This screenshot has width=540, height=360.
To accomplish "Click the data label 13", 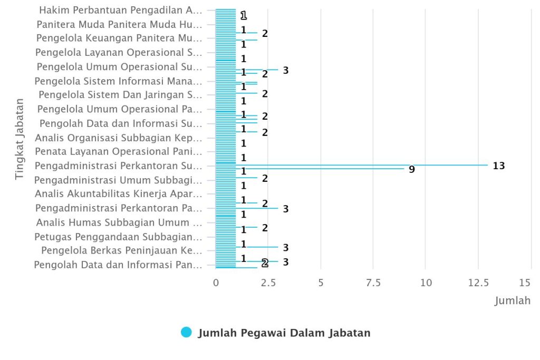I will (x=499, y=166).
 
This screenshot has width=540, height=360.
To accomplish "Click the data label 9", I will (x=412, y=170).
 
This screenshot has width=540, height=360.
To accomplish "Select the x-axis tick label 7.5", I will (x=373, y=283).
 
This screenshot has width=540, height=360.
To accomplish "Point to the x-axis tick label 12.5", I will (x=478, y=283).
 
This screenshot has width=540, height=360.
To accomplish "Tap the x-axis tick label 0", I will (x=216, y=283).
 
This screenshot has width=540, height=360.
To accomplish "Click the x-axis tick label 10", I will (x=426, y=283).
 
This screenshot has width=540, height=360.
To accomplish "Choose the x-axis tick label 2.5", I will (x=268, y=283).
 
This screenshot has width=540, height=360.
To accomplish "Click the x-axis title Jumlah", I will (x=512, y=301).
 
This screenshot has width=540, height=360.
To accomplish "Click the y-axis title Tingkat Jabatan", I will (x=20, y=138).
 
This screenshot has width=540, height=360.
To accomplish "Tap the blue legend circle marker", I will (x=186, y=333).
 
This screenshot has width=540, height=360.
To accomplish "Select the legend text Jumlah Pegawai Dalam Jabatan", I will (x=284, y=333).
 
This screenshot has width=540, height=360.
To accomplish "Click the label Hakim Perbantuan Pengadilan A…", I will (x=121, y=10).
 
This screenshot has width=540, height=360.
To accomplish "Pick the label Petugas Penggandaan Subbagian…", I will (x=118, y=236).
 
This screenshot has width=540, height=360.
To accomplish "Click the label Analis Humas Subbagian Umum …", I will (x=119, y=222).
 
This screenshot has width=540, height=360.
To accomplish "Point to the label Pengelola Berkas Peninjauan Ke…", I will (x=122, y=250).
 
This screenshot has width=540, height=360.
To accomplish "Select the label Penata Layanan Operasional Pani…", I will (x=118, y=152).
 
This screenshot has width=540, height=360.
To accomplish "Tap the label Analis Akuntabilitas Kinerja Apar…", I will (x=119, y=193).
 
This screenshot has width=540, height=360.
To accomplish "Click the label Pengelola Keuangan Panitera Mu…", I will (x=119, y=38).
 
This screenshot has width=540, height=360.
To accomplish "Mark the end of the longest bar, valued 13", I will (x=488, y=166).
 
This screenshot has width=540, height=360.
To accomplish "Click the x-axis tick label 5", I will (x=321, y=283).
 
